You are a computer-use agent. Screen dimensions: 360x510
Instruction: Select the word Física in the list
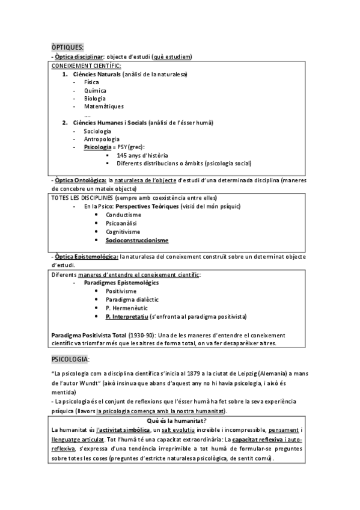point(92,82)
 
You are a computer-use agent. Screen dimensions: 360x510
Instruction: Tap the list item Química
point(95,90)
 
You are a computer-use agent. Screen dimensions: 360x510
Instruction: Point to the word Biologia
point(95,98)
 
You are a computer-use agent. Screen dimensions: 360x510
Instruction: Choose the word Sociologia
point(97,131)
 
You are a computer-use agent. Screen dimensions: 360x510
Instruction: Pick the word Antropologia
point(102,139)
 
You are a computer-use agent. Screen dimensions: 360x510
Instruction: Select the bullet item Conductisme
point(124,215)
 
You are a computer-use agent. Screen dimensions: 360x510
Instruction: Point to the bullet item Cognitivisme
point(123,232)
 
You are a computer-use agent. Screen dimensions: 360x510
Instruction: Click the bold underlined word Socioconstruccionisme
point(137,240)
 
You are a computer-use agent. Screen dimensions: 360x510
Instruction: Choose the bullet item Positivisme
point(121,290)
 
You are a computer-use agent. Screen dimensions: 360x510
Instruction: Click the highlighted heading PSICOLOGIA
point(70,359)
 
